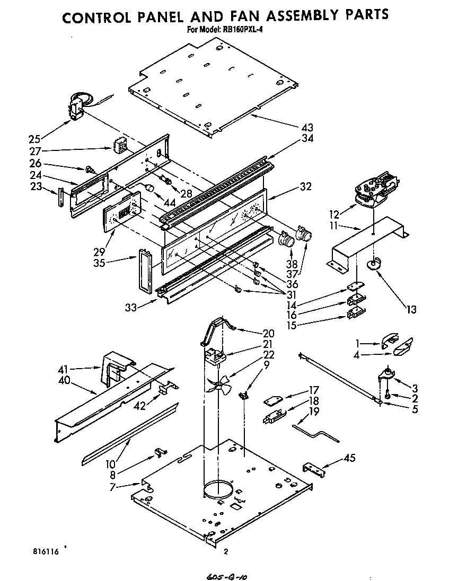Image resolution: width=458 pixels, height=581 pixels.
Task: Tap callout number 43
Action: pyautogui.click(x=307, y=128)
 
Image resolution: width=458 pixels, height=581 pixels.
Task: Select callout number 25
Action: pyautogui.click(x=34, y=139)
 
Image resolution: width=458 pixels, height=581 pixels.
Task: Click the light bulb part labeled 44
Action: pyautogui.click(x=149, y=187)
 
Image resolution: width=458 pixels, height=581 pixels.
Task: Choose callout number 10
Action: pyautogui.click(x=110, y=464)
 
